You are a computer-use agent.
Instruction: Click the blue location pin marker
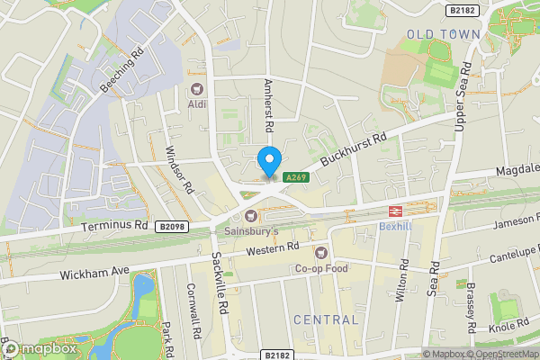pos(268,161)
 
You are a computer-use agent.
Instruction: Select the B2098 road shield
pos(170,227)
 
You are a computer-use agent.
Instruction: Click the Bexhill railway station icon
pos(393,210)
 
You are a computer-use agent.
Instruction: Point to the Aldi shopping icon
pos(196,89)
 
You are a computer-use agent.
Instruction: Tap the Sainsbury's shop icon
pos(250,215)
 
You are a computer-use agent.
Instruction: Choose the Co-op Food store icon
pos(321,253)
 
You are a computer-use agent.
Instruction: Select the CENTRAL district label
pos(325,319)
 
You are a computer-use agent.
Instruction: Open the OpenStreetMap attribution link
pos(503,354)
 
